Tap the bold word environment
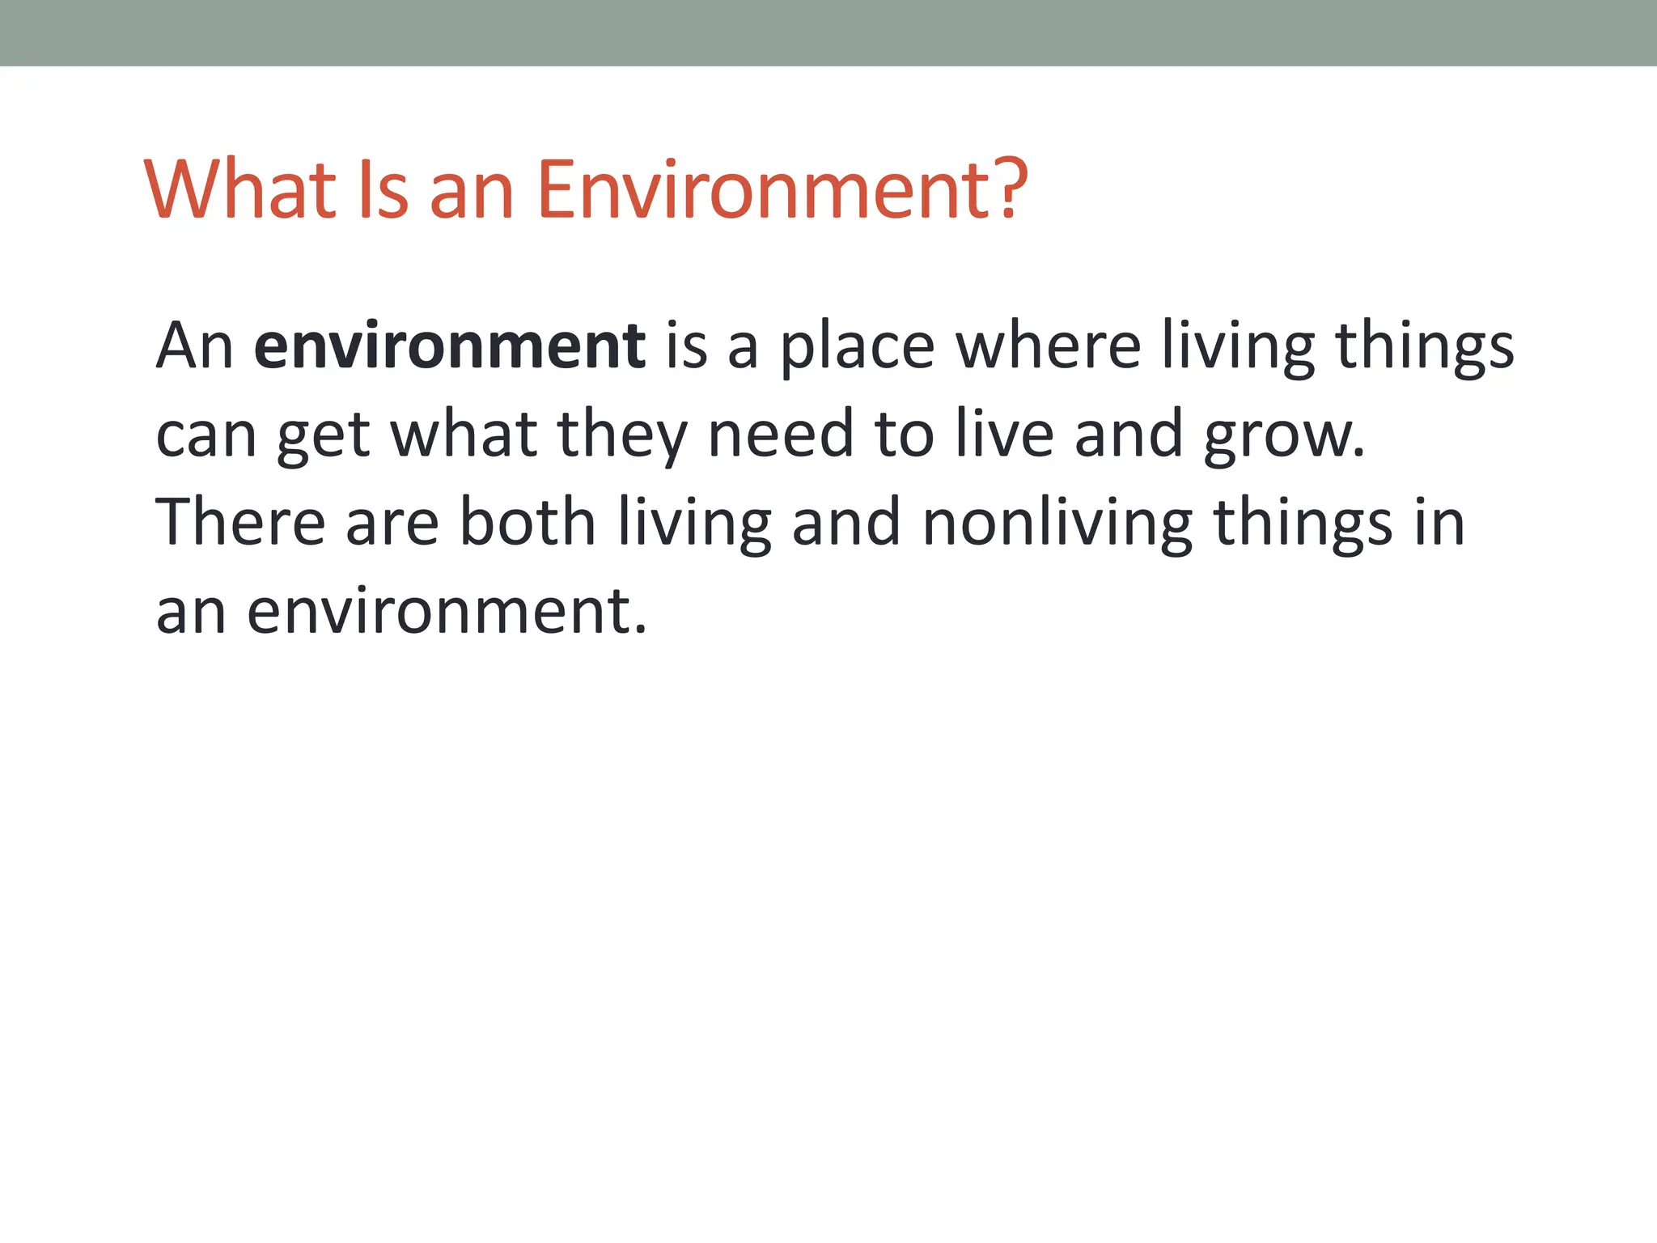coord(449,346)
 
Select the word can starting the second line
coord(206,435)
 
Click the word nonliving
coord(1057,524)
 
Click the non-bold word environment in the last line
coord(447,612)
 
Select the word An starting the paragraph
coord(194,346)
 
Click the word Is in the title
coord(381,190)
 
